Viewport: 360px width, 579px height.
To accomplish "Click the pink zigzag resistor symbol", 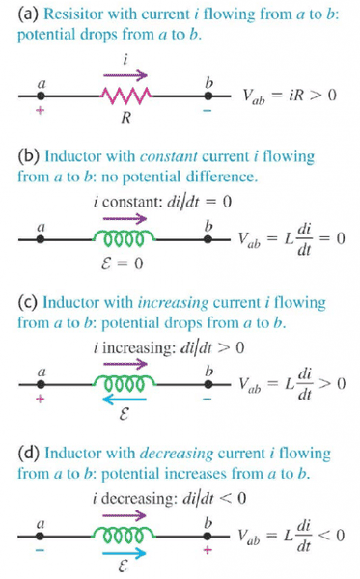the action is (125, 96).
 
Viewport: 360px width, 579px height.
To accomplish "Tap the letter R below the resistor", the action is (125, 118).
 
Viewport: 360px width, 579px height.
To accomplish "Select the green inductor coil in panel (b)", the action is (125, 239).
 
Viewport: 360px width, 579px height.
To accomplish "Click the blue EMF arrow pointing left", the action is (125, 400).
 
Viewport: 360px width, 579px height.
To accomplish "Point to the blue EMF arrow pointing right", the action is (125, 553).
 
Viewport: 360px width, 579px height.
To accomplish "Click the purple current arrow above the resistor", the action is (125, 75).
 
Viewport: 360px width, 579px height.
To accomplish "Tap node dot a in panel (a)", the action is (41, 96).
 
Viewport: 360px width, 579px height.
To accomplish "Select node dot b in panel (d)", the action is (208, 536).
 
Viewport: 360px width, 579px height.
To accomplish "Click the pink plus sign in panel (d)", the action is (208, 550).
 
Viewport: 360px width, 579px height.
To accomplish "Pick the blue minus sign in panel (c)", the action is (208, 399).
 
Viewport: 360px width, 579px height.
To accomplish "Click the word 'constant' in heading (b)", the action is (168, 156).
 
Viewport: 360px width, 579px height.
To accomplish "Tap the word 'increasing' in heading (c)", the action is (173, 303).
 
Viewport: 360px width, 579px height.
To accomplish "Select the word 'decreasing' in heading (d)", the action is (177, 454).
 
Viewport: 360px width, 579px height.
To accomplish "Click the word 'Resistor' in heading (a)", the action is (68, 14).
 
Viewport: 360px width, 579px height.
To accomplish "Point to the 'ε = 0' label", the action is (122, 263).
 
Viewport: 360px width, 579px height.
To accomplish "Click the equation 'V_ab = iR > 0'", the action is (290, 96).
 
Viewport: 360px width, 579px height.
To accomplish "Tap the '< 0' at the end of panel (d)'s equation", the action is (332, 535).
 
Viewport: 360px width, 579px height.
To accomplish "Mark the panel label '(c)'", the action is (28, 303).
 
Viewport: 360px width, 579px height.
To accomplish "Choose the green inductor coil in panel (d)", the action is (125, 535).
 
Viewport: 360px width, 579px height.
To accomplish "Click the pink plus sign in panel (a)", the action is (41, 110).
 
